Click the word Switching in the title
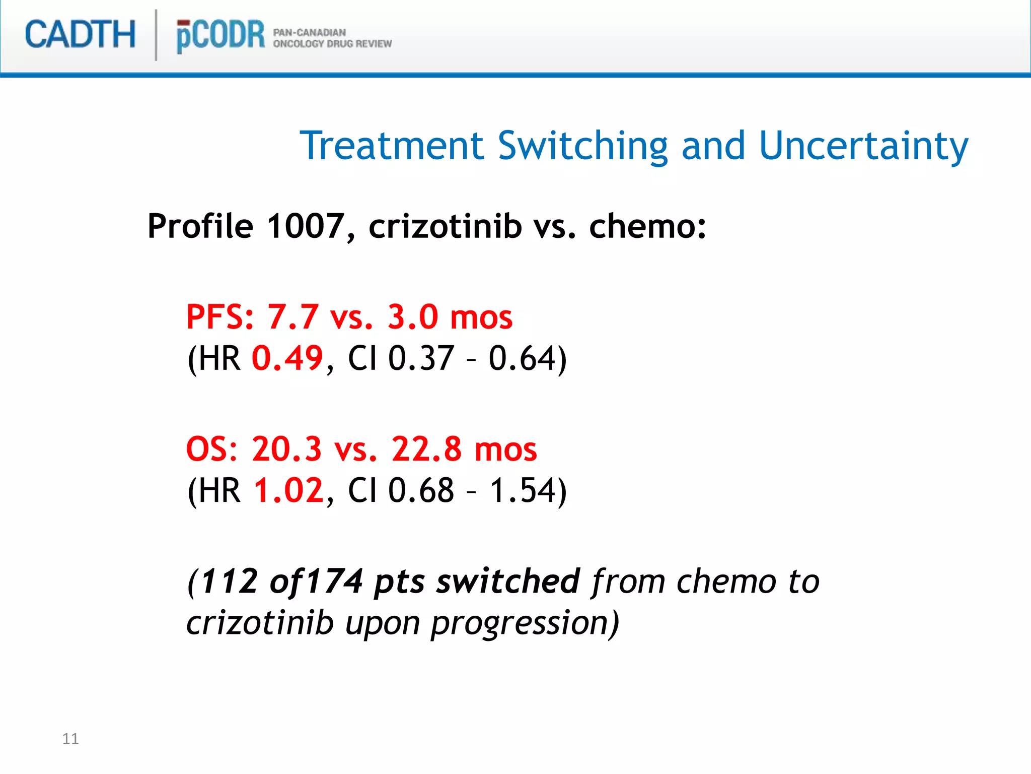tap(582, 146)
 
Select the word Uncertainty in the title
tap(863, 146)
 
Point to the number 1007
tap(305, 226)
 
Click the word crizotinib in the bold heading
tap(445, 226)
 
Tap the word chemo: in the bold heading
tap(647, 226)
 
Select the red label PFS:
tap(220, 317)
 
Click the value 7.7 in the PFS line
tap(292, 317)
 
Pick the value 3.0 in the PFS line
tap(413, 317)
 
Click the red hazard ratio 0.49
tap(287, 358)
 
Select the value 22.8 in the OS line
tap(426, 449)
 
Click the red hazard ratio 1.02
tap(288, 490)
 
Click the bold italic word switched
tap(508, 581)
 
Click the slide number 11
tap(70, 739)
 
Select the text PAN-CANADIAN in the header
tap(309, 32)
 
